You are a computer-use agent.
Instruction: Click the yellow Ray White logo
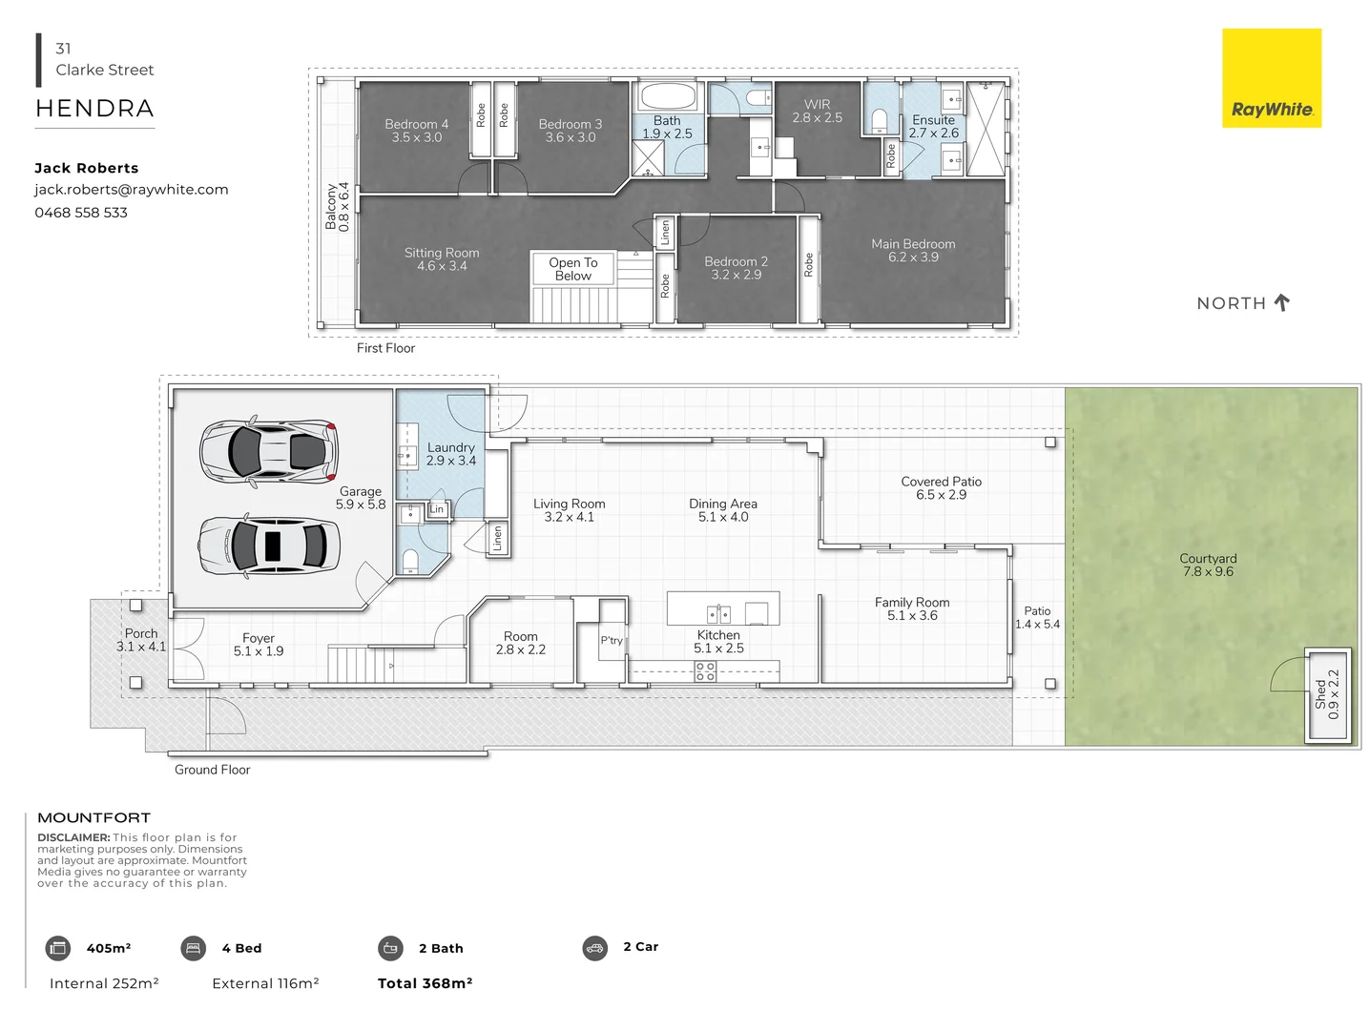click(x=1272, y=78)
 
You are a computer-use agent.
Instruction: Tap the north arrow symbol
click(x=1281, y=302)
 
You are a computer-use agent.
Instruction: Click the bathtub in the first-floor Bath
click(x=668, y=96)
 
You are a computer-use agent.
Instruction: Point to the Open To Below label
click(x=573, y=269)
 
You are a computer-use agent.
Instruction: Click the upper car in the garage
click(x=268, y=450)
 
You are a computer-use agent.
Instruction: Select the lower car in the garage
click(x=269, y=546)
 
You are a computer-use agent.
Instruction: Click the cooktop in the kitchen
click(x=705, y=671)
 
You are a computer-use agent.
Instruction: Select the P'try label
click(x=612, y=640)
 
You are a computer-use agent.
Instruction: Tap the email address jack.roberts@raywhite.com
click(x=132, y=190)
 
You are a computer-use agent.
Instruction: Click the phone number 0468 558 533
click(x=81, y=213)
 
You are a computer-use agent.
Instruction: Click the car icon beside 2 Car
click(x=594, y=948)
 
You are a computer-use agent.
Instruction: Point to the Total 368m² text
click(x=426, y=983)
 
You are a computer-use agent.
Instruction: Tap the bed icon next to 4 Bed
click(x=193, y=948)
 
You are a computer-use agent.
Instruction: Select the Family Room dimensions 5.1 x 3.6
click(x=912, y=615)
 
